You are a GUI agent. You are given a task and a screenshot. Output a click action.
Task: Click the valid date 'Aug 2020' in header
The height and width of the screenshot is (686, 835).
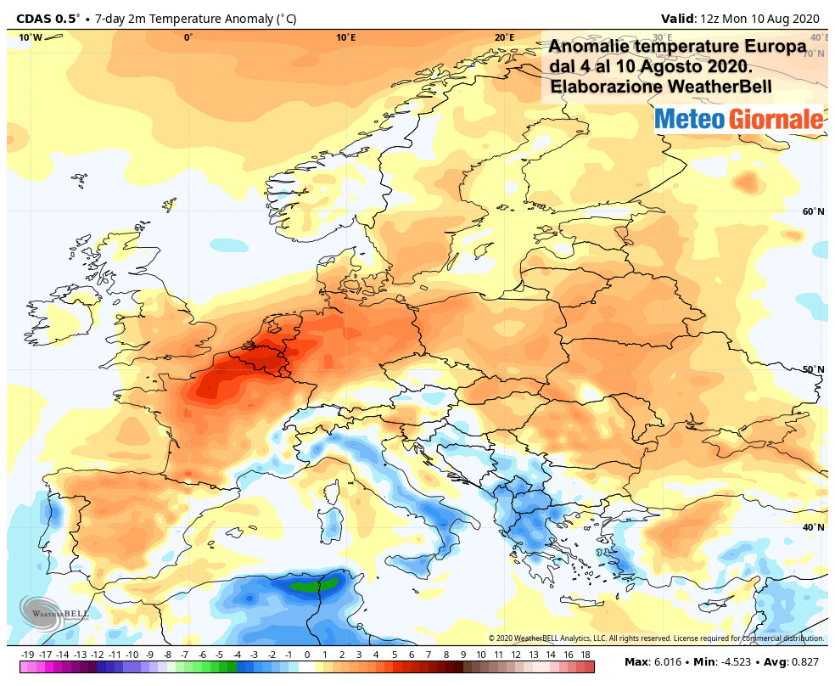click(x=794, y=18)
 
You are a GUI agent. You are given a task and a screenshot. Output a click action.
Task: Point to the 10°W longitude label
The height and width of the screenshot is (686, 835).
click(x=31, y=37)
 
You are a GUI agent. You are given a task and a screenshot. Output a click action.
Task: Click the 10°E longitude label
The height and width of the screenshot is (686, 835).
click(x=345, y=37)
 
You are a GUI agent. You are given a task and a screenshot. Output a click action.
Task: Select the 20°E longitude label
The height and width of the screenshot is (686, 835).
click(x=504, y=37)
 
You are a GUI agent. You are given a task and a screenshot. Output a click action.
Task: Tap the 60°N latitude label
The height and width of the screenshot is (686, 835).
click(x=813, y=211)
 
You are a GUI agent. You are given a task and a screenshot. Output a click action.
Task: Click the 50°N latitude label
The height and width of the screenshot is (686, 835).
click(x=813, y=369)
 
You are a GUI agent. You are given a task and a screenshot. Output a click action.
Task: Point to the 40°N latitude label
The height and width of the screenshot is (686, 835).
click(x=813, y=527)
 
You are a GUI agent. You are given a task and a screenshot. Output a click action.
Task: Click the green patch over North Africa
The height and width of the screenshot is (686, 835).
click(x=313, y=584)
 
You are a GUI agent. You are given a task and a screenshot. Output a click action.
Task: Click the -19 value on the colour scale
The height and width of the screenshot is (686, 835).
click(x=27, y=655)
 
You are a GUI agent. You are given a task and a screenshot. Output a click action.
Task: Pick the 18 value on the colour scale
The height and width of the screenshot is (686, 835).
click(x=585, y=655)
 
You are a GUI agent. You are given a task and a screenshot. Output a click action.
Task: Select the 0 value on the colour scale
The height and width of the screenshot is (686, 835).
click(x=306, y=655)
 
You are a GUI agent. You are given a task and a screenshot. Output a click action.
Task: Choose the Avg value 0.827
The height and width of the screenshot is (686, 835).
click(x=806, y=662)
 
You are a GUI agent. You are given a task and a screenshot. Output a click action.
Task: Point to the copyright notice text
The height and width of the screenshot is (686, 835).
click(x=655, y=638)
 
